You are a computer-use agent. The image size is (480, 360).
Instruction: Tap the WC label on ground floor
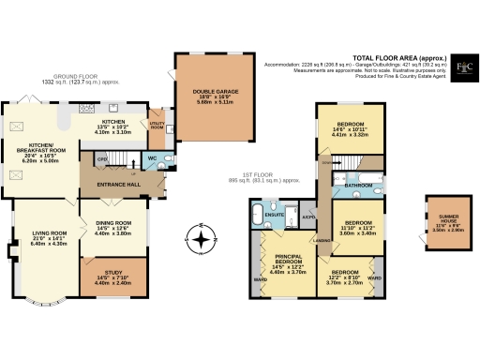152,158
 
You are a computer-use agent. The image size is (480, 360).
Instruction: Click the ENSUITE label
274,214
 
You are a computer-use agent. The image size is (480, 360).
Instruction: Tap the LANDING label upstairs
322,242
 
